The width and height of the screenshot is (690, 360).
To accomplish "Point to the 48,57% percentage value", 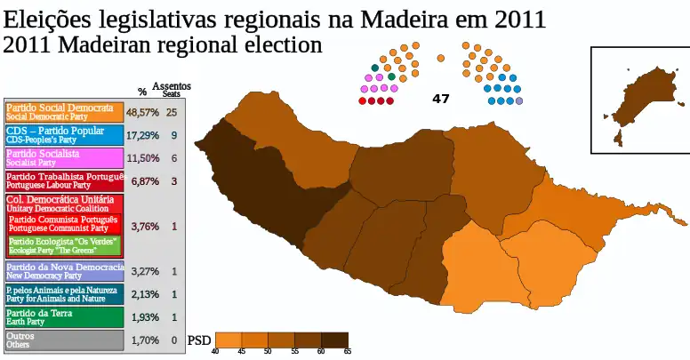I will click(142, 113).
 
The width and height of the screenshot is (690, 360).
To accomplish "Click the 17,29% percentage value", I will click(142, 136).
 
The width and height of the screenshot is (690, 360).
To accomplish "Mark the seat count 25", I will click(172, 113).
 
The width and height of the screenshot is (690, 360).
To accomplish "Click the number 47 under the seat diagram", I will click(441, 99).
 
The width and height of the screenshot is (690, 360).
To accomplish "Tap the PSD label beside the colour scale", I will click(200, 340).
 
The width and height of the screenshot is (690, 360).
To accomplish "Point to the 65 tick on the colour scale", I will click(348, 352).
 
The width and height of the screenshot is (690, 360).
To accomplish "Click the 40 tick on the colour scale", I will click(216, 352).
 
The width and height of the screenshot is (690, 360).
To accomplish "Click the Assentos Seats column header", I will click(171, 90).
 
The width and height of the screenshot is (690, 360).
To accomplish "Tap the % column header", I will click(142, 92).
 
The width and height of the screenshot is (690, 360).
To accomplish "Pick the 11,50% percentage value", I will click(142, 159).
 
